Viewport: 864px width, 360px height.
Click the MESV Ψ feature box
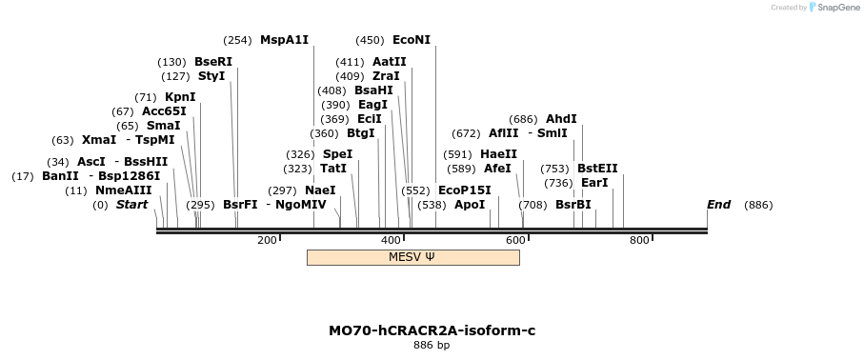coord(412,257)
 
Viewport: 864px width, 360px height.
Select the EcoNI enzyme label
coord(411,40)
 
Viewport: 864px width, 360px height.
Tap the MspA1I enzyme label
coord(284,40)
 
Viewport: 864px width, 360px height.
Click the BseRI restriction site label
coord(212,62)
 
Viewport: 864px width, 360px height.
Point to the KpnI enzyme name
coord(180,97)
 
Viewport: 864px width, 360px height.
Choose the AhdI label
coord(561,119)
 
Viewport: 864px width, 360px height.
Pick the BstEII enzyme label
coord(597,169)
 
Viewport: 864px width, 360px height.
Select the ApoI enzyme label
coord(470,205)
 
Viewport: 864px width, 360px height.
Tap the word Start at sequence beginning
coord(131,205)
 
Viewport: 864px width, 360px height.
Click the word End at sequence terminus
coord(718,205)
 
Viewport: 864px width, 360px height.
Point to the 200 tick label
coord(267,239)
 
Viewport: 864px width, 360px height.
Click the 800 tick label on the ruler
coord(639,239)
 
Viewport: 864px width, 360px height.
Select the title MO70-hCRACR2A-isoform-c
coord(432,330)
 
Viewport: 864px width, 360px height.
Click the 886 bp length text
coord(432,346)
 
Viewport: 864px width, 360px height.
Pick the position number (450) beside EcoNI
coord(370,40)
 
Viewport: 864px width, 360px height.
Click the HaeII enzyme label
coord(498,154)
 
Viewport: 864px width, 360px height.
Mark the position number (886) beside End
coord(758,205)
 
